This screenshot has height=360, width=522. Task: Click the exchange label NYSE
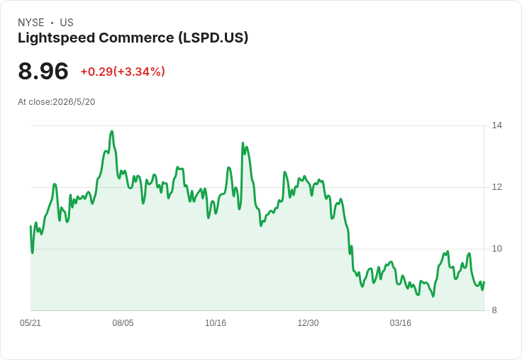(31, 23)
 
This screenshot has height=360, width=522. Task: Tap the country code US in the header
(67, 23)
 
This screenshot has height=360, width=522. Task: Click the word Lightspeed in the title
(57, 38)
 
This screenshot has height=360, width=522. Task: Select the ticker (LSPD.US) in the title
(213, 38)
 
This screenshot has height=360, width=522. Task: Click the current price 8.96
(43, 71)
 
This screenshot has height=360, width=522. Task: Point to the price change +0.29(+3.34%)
(123, 72)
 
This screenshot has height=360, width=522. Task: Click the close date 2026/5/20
(74, 102)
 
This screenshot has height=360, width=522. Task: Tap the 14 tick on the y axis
(497, 125)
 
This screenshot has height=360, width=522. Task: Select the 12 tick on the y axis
(497, 187)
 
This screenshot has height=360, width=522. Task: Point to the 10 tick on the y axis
(497, 249)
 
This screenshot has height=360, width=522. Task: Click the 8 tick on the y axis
(494, 310)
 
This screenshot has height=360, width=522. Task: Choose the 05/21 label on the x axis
(30, 323)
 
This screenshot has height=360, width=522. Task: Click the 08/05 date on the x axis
(123, 323)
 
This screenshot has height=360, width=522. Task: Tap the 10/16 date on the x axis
(216, 323)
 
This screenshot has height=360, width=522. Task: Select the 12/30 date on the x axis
(308, 323)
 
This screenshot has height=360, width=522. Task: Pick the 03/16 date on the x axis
(401, 323)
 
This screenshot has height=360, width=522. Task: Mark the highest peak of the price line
(112, 131)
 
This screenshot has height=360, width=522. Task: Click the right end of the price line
(484, 282)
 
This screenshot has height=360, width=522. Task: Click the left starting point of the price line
(30, 226)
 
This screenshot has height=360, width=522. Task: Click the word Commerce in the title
(136, 38)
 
